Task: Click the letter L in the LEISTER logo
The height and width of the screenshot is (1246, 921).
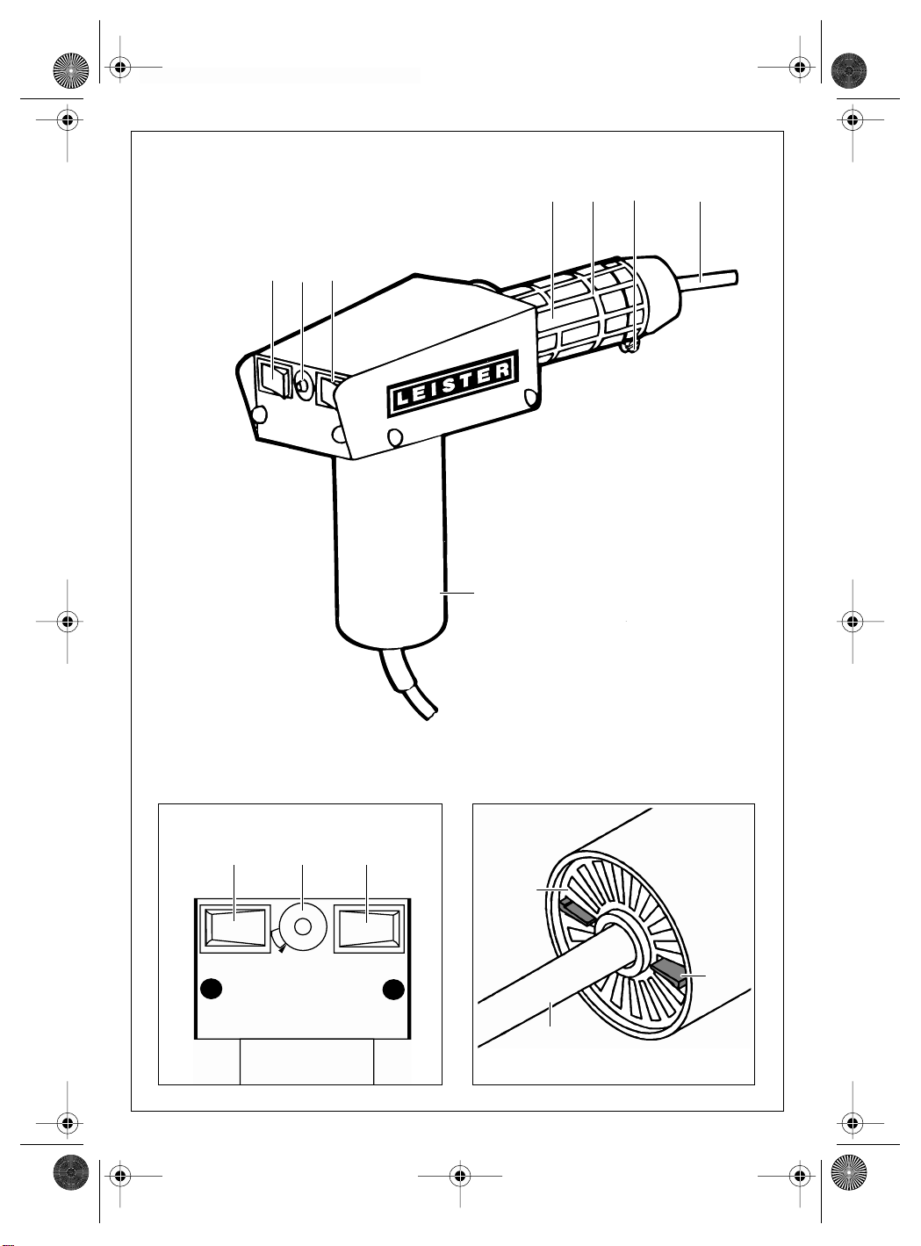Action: coord(402,400)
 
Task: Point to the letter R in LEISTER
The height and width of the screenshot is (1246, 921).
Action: coord(503,370)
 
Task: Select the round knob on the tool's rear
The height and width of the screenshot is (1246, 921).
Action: coord(303,386)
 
